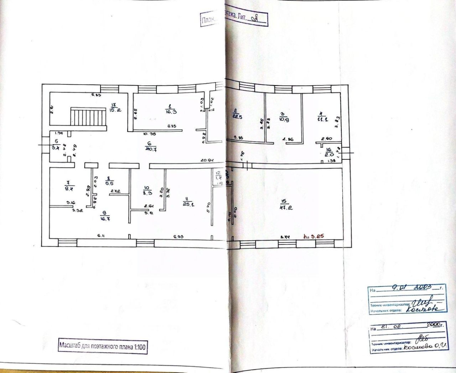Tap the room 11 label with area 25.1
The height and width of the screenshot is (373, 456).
pyautogui.click(x=185, y=204)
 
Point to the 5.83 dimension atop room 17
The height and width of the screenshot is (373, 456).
pyautogui.click(x=97, y=95)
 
